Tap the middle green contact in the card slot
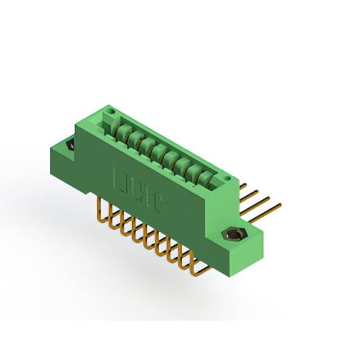click(163, 155)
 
